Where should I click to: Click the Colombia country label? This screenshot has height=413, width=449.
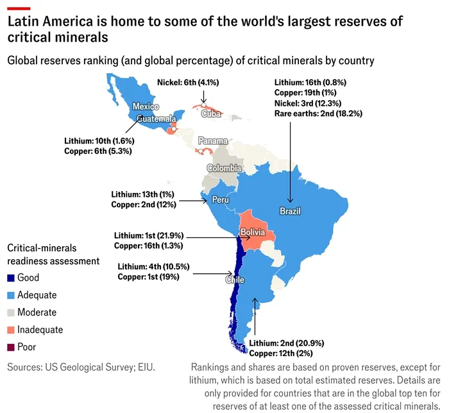[x=224, y=168]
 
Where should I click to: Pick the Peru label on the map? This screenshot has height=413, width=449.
[x=220, y=200]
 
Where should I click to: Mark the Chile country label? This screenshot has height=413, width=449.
[x=234, y=280]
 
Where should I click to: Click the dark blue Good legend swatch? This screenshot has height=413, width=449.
[x=10, y=278]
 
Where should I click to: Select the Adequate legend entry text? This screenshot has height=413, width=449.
[x=37, y=295]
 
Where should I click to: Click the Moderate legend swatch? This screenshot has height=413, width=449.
[x=10, y=312]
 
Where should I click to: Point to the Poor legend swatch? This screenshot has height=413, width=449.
[x=10, y=347]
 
